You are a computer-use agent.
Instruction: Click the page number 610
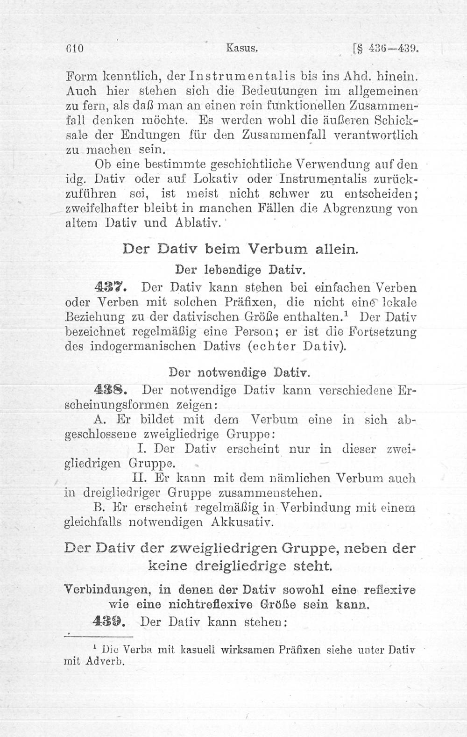pyautogui.click(x=74, y=49)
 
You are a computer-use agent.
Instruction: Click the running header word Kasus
pyautogui.click(x=242, y=48)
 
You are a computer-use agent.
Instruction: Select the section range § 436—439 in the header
pyautogui.click(x=386, y=49)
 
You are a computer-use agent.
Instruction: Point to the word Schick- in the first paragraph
pyautogui.click(x=396, y=121)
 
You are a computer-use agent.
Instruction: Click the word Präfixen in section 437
pyautogui.click(x=257, y=302)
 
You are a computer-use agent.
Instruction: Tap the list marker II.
pyautogui.click(x=141, y=479)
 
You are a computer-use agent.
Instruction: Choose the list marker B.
pyautogui.click(x=99, y=508)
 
